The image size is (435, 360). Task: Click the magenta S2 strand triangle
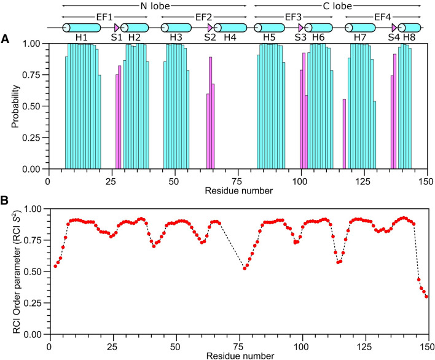[210, 28]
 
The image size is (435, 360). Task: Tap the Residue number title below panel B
[238, 354]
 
